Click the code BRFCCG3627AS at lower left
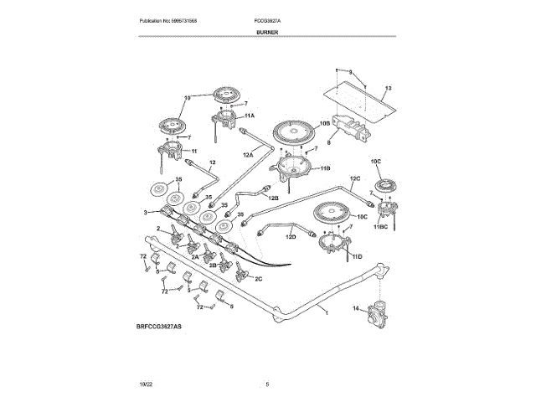157,324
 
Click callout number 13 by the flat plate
389,88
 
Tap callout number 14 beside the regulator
355,309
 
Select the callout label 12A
248,154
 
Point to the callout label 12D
291,237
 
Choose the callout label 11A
250,114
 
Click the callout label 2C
258,278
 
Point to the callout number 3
146,213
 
